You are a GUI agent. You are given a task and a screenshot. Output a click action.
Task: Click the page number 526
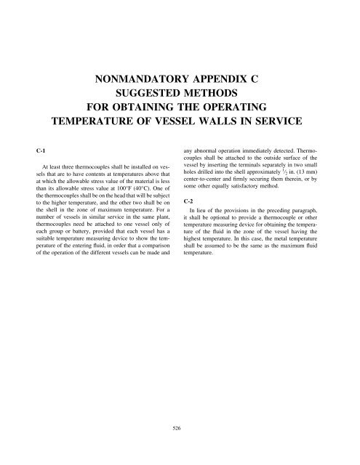coord(180,429)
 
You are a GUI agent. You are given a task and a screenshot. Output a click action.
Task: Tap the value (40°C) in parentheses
coord(144,197)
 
